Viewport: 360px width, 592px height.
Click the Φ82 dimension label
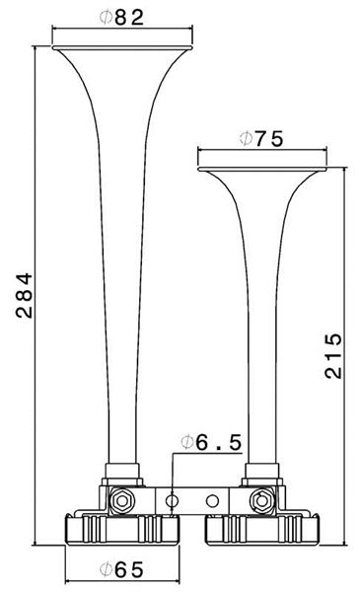[x=121, y=17]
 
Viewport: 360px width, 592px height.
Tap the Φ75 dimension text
[x=260, y=139]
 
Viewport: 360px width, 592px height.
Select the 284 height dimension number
[x=24, y=295]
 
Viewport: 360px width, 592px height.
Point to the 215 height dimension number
[x=333, y=355]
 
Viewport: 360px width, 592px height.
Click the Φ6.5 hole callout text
[x=210, y=442]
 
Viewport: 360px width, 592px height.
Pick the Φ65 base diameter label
[x=121, y=569]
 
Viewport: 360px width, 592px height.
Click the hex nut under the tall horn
[x=121, y=501]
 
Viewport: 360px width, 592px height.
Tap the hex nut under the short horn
[x=261, y=501]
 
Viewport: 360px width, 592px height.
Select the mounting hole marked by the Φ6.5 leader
[x=172, y=501]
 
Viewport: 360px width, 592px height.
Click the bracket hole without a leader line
[x=212, y=501]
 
